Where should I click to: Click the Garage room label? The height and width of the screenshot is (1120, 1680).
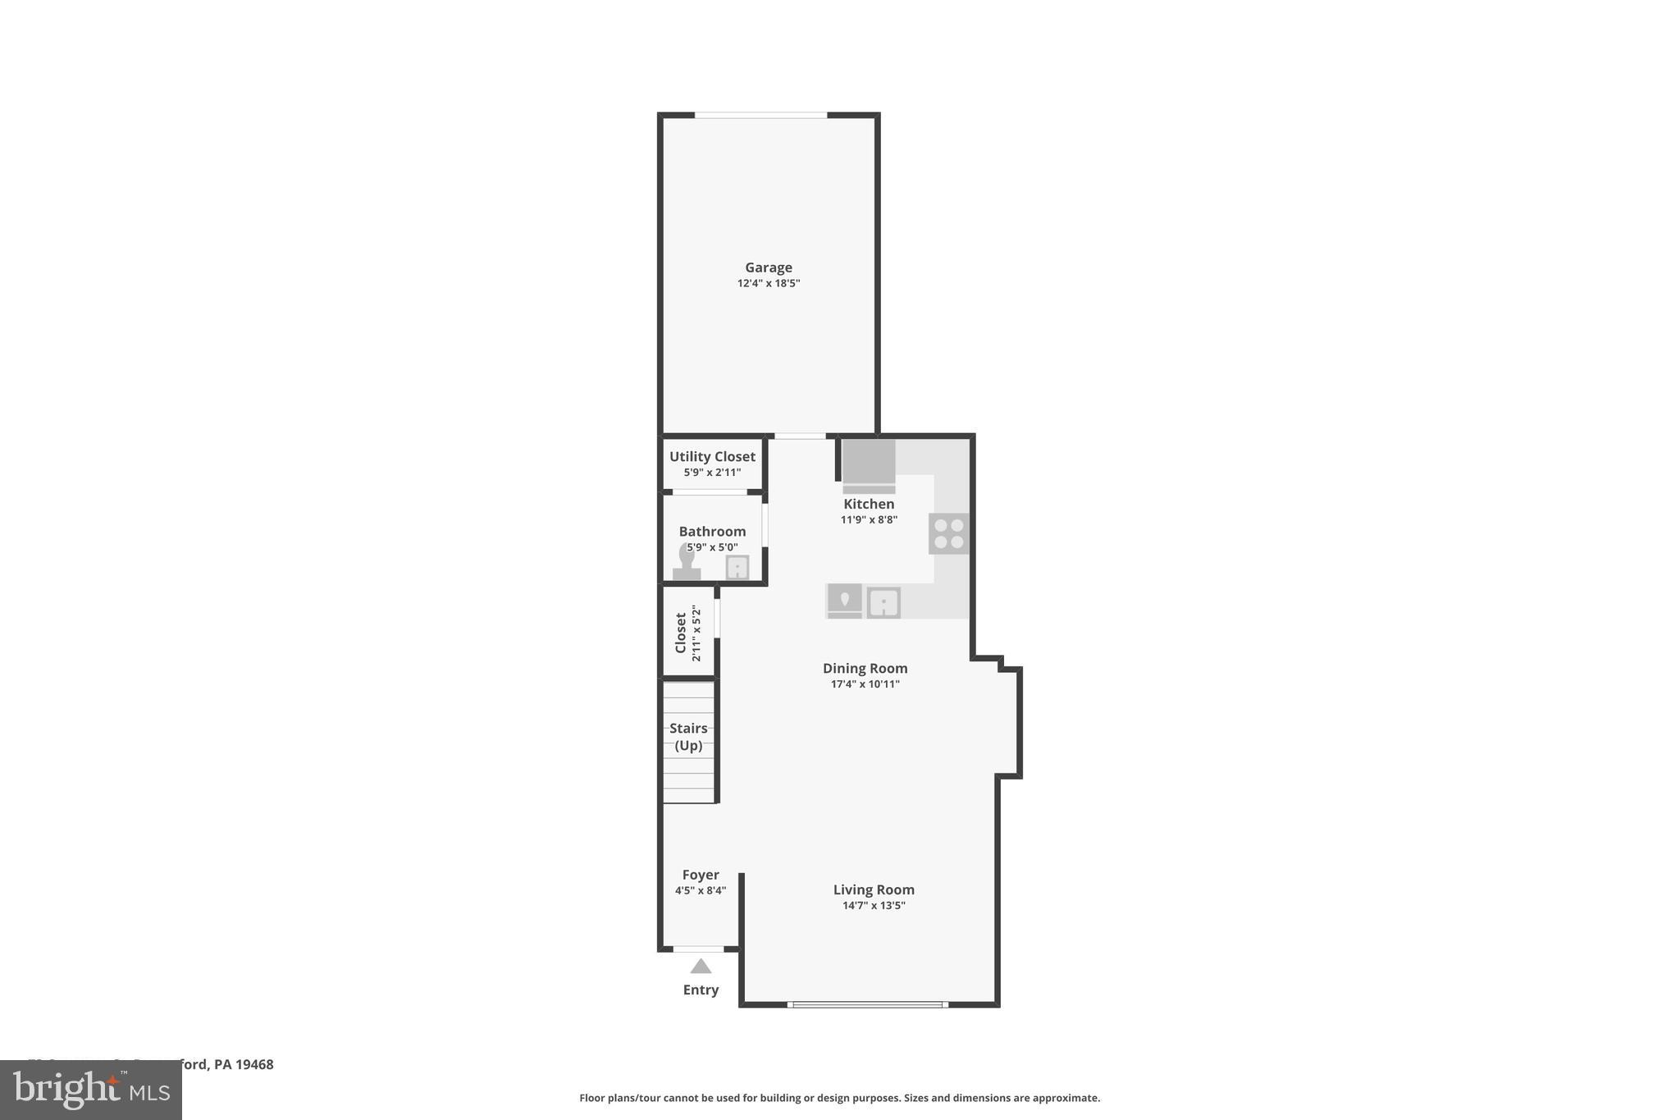pos(768,267)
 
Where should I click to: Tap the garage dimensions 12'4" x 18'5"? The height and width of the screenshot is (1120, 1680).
pos(768,284)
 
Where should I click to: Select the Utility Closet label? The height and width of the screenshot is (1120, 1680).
pos(712,457)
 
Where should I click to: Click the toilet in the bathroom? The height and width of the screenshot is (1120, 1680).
pos(687,564)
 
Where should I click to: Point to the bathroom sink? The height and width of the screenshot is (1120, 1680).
pos(737,567)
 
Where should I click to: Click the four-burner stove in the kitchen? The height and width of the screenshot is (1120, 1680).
pos(949,533)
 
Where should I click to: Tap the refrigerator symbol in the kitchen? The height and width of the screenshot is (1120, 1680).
pos(869,466)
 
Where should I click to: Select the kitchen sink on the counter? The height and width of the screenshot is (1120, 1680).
pos(883,603)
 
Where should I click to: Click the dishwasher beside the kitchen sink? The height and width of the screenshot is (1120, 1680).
pos(844,601)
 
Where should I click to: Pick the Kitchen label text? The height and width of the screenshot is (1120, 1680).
pos(869,504)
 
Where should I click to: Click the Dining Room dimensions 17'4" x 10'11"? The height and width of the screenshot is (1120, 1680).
pos(865,684)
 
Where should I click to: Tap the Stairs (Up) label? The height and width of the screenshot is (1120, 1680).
pos(688,737)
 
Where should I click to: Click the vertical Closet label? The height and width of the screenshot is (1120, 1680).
pos(680,633)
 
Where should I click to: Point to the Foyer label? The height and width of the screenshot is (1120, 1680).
pos(701,875)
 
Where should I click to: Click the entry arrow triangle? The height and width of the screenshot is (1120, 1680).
pos(701,967)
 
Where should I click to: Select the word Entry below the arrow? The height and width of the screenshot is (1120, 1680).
pos(701,990)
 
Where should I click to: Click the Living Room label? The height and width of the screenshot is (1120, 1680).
pos(874,890)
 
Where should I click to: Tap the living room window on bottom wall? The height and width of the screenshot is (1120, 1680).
pos(867,1004)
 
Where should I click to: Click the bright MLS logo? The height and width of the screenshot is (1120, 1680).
pos(91,1090)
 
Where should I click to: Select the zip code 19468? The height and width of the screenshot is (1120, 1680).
pos(254,1065)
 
